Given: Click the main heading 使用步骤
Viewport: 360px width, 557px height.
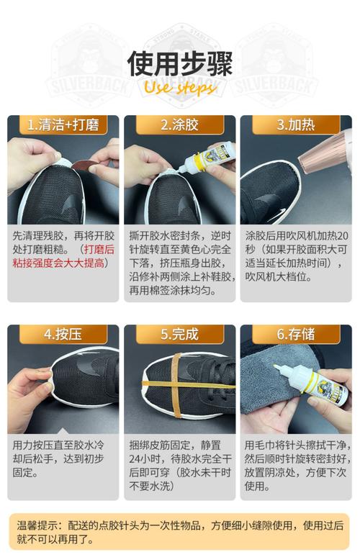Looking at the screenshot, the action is tap(180, 63).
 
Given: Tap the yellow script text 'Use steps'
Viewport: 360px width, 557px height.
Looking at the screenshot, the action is tap(180, 87).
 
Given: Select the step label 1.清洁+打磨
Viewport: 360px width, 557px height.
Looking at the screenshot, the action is tap(63, 125).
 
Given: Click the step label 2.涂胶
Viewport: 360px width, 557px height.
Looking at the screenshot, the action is tap(179, 125).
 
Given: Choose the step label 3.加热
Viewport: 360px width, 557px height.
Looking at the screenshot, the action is tap(296, 125).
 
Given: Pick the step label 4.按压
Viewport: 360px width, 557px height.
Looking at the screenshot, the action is tap(63, 334).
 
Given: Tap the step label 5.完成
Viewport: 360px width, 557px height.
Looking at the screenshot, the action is tap(179, 334).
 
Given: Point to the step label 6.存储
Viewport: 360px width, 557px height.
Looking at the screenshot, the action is tap(296, 334).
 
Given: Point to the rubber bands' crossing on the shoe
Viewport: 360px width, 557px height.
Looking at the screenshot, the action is tap(176, 384).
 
